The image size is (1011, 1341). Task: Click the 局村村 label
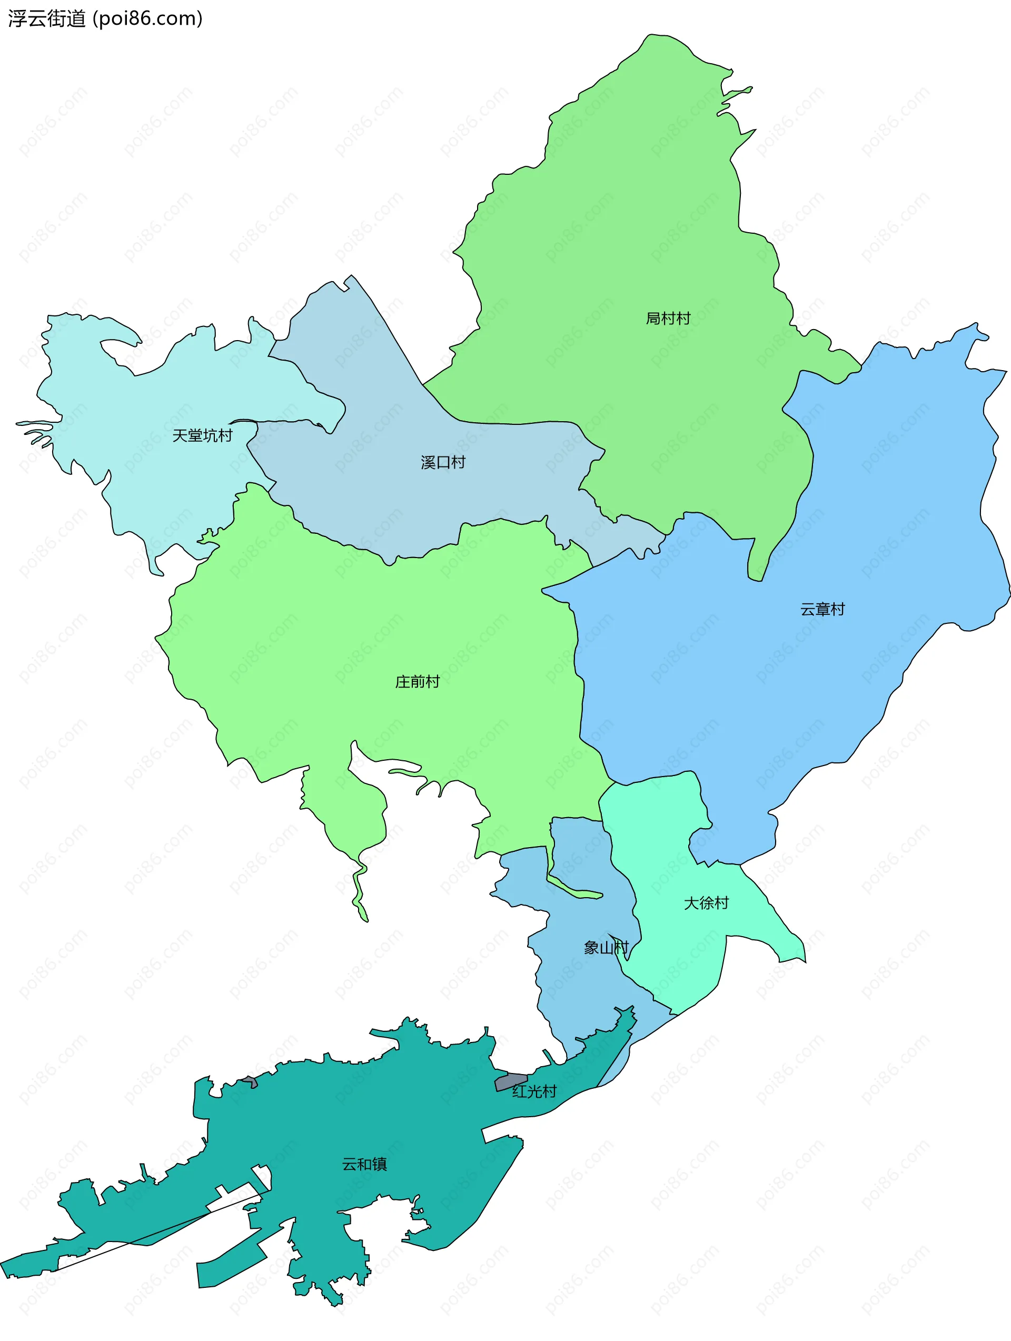pos(668,319)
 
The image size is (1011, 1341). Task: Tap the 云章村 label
pos(822,609)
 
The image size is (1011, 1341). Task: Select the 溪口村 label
pos(443,463)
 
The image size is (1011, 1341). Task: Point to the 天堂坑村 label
pos(202,435)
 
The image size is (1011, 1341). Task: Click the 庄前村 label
pos(417,682)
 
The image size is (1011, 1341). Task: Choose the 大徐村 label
pos(706,903)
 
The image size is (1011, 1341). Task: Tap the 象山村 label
pos(605,948)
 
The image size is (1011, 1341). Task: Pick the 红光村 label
pos(534,1092)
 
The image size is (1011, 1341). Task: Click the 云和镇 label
pos(364,1165)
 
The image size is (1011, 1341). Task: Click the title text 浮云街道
pos(47,19)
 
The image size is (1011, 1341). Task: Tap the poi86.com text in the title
pos(149,19)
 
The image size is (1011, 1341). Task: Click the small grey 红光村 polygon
pos(511,1081)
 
